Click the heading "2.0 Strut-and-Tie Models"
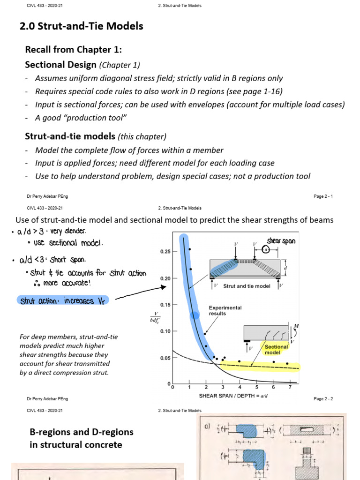tap(82, 26)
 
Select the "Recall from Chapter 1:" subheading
tap(74, 50)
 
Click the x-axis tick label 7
tap(291, 388)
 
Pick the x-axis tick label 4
tap(240, 388)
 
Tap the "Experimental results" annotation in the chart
tap(225, 311)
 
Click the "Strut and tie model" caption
tap(247, 286)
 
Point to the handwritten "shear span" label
tap(281, 241)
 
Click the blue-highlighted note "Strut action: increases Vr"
tap(64, 300)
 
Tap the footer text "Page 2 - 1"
tap(323, 196)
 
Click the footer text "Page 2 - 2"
tap(323, 399)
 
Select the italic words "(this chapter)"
tap(142, 137)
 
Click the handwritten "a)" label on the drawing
tap(207, 427)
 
